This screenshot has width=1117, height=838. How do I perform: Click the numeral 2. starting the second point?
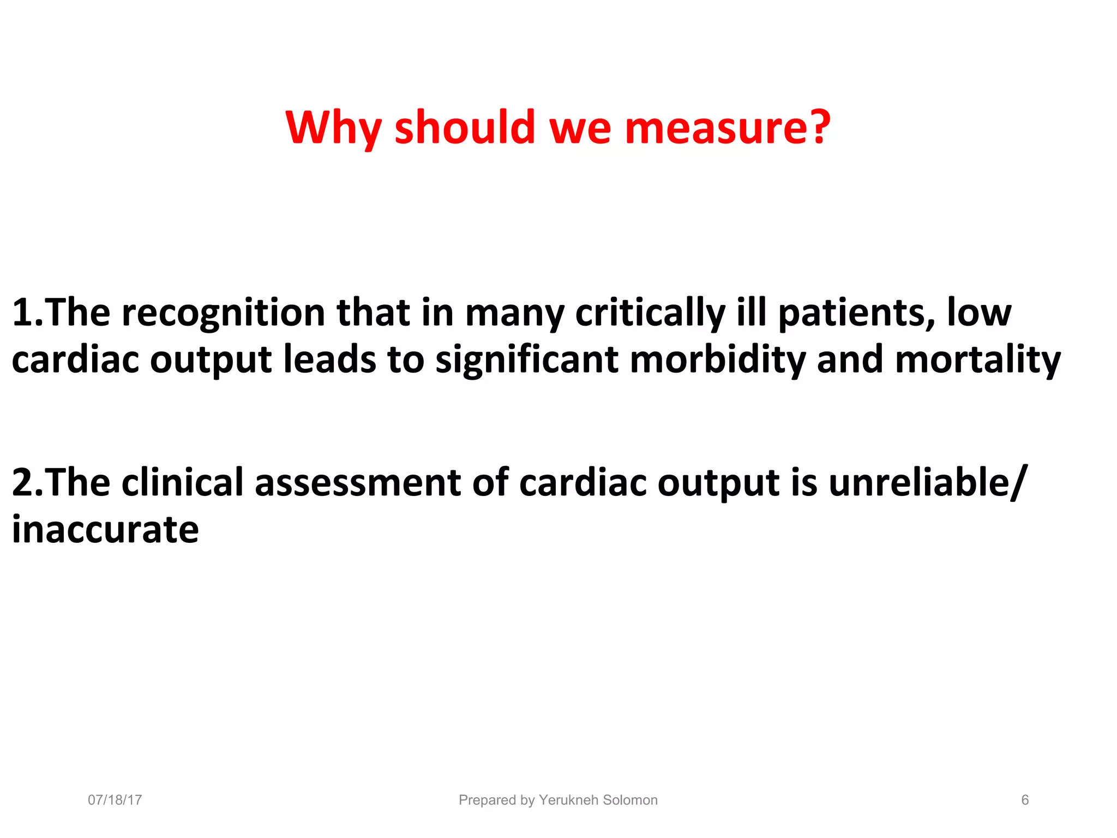tap(27, 482)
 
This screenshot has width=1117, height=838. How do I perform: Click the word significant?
tap(527, 360)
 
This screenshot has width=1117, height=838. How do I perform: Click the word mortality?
tap(978, 360)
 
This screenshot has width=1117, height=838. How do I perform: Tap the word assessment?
tap(358, 482)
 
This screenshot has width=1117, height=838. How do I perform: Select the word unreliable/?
tap(928, 482)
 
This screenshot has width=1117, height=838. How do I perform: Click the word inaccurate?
tap(105, 529)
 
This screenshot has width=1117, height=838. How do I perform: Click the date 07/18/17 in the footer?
tap(115, 800)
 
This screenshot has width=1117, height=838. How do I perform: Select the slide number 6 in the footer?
tap(1025, 800)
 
